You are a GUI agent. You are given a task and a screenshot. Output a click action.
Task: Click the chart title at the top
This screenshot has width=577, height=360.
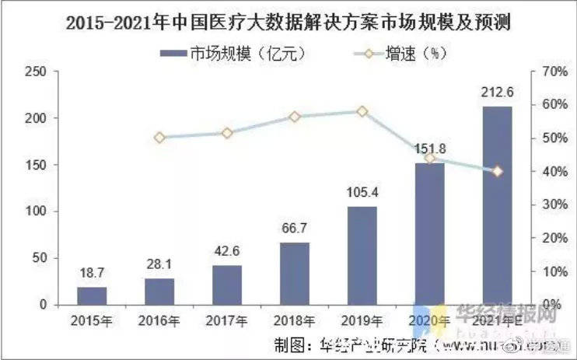point(288,23)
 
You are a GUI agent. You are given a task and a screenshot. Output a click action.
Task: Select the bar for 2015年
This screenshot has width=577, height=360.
point(91,295)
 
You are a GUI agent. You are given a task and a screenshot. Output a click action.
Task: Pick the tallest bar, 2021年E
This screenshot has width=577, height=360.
point(497,205)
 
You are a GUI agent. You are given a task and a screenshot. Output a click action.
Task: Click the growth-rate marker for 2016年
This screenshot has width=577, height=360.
point(159,138)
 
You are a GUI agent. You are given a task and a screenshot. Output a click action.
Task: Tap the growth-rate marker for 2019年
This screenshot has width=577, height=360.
point(362,111)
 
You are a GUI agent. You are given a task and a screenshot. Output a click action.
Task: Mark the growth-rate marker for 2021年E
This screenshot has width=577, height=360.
point(497,171)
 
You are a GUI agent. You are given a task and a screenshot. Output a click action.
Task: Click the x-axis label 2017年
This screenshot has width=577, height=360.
point(226,321)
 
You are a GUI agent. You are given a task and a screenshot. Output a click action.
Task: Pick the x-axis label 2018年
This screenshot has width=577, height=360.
point(294,321)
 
